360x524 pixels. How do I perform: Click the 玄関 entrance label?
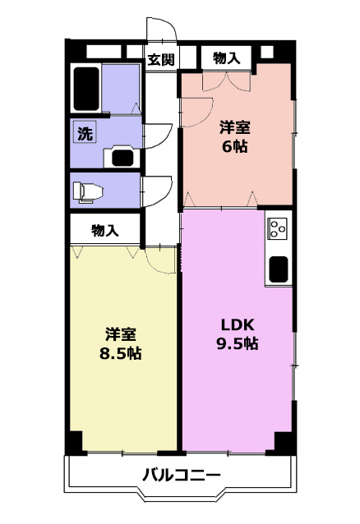(x=161, y=60)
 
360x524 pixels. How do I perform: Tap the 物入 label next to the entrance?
(x=227, y=58)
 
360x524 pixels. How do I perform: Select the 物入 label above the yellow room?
(x=104, y=231)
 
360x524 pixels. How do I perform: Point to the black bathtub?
(x=86, y=89)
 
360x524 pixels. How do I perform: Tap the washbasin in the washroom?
(x=122, y=157)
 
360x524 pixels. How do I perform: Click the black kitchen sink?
(x=279, y=269)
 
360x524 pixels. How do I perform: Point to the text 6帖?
(x=234, y=146)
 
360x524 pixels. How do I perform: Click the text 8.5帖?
(x=121, y=353)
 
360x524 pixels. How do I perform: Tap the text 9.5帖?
(x=238, y=343)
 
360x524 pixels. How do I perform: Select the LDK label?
(x=238, y=324)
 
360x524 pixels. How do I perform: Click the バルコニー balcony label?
(x=182, y=475)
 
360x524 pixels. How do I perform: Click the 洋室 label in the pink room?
(x=234, y=128)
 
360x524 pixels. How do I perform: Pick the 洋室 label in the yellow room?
(x=121, y=334)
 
